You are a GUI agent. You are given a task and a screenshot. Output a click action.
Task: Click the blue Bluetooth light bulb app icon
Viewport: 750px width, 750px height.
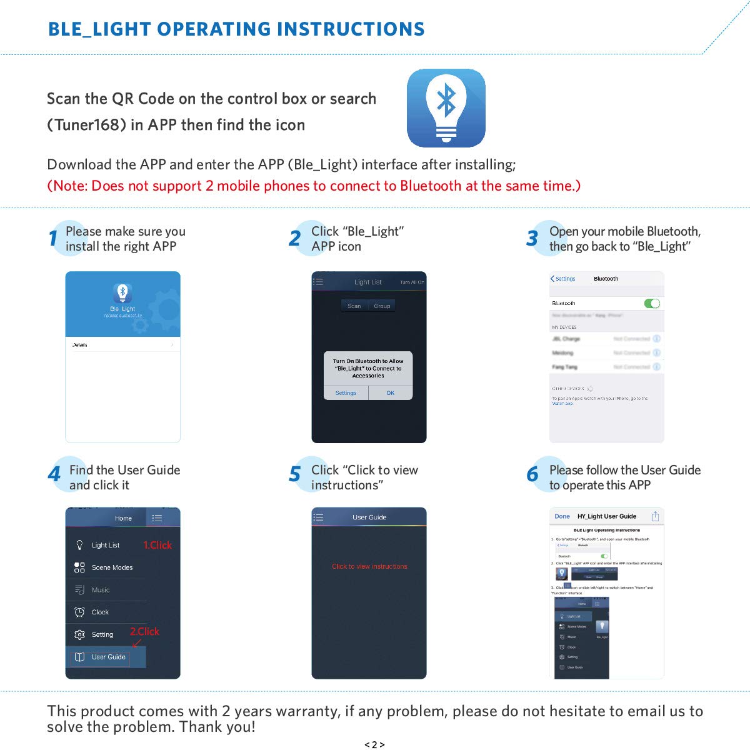pyautogui.click(x=446, y=108)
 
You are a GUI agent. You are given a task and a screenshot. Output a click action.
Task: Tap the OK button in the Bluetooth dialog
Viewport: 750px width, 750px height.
pyautogui.click(x=390, y=393)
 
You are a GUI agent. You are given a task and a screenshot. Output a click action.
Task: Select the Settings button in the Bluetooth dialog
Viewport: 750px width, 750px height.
pyautogui.click(x=346, y=393)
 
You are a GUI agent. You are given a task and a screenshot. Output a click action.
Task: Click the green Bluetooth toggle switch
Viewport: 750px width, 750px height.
pyautogui.click(x=652, y=304)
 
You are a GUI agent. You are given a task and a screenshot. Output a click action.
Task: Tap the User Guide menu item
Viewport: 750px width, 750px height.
pyautogui.click(x=108, y=657)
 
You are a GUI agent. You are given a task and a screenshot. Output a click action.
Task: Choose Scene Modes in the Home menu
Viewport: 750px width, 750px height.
pyautogui.click(x=112, y=567)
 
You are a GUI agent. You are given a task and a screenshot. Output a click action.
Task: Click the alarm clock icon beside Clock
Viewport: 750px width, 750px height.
pyautogui.click(x=79, y=612)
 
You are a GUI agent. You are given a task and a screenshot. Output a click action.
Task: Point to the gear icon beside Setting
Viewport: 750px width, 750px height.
pyautogui.click(x=79, y=634)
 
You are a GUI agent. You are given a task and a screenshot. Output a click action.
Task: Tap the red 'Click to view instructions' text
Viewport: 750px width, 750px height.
pyautogui.click(x=369, y=566)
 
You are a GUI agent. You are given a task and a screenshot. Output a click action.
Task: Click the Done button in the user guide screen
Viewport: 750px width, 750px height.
pyautogui.click(x=562, y=516)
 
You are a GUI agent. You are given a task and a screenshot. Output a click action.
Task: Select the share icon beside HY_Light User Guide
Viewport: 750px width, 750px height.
pyautogui.click(x=655, y=516)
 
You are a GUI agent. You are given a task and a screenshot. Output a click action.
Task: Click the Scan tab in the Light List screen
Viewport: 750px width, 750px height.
pyautogui.click(x=354, y=306)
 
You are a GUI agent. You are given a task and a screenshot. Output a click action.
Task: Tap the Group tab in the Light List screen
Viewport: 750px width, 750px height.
pyautogui.click(x=382, y=306)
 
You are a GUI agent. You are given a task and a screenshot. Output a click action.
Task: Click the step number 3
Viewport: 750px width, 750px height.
pyautogui.click(x=532, y=238)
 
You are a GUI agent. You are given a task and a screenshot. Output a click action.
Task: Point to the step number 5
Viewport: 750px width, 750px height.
pyautogui.click(x=294, y=475)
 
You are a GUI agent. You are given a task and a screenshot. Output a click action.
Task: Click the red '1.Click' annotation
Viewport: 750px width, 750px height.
pyautogui.click(x=157, y=545)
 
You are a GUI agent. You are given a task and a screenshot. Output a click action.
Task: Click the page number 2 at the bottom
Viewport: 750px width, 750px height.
pyautogui.click(x=374, y=744)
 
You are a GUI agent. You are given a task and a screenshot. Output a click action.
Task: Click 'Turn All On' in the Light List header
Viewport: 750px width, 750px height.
pyautogui.click(x=412, y=282)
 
